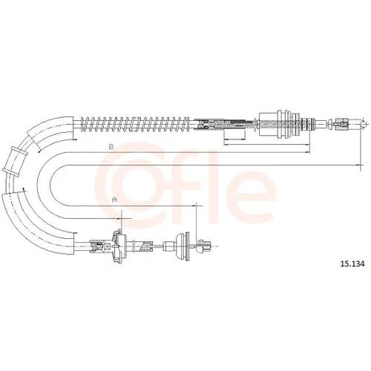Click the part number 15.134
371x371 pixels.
[352, 264]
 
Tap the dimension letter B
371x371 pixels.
[111, 147]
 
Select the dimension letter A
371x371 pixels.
[114, 200]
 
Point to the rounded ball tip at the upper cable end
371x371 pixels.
[364, 123]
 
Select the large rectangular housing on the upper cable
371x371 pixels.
[269, 124]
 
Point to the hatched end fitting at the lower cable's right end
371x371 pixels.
[203, 246]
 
